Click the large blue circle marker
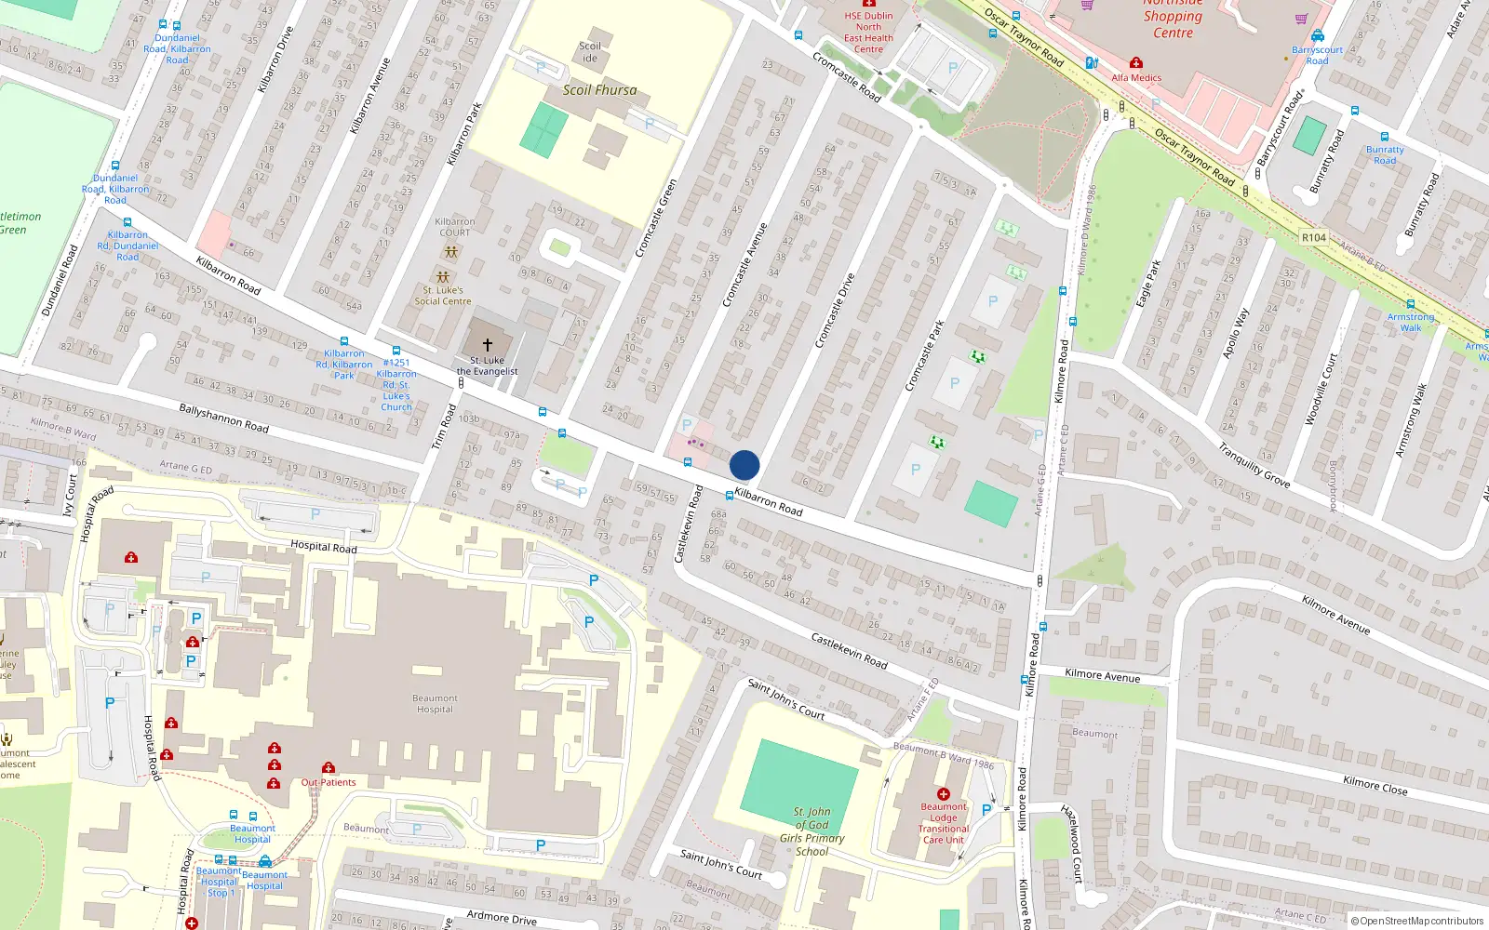click(744, 465)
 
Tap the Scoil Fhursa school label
click(599, 90)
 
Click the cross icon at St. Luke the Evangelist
click(487, 345)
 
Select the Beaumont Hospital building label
click(435, 704)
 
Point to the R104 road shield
click(1313, 238)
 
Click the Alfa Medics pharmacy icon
click(1135, 63)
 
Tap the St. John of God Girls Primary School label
click(812, 831)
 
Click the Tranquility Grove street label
click(1254, 465)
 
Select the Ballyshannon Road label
click(223, 418)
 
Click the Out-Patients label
click(329, 782)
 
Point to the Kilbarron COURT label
click(454, 227)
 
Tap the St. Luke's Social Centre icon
click(443, 277)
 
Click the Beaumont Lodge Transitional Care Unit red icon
click(943, 794)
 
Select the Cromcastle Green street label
click(655, 219)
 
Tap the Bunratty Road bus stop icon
click(1384, 137)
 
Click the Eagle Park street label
click(1148, 284)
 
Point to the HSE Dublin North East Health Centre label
click(868, 33)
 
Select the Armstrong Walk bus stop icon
click(1410, 304)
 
